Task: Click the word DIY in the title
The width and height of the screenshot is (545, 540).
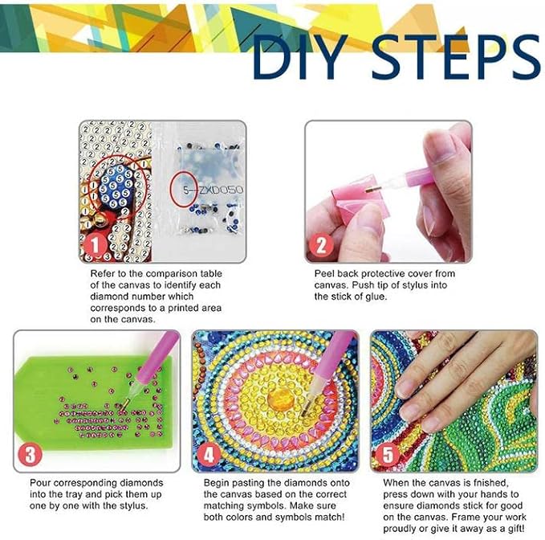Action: tap(300, 57)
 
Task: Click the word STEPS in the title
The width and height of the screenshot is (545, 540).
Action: tap(456, 57)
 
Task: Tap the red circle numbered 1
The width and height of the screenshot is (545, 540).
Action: tap(95, 245)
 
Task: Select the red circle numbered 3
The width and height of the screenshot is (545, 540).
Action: tap(31, 454)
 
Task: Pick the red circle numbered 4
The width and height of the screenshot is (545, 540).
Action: tap(209, 454)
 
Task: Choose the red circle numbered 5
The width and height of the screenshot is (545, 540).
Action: tap(388, 454)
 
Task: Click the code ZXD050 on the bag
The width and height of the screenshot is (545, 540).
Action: tap(221, 190)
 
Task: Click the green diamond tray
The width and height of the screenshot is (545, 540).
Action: tap(94, 403)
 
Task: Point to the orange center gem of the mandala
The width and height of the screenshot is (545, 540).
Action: tap(281, 399)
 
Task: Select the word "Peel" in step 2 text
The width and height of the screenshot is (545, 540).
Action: tap(324, 273)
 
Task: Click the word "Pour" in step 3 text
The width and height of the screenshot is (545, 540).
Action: tap(40, 483)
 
